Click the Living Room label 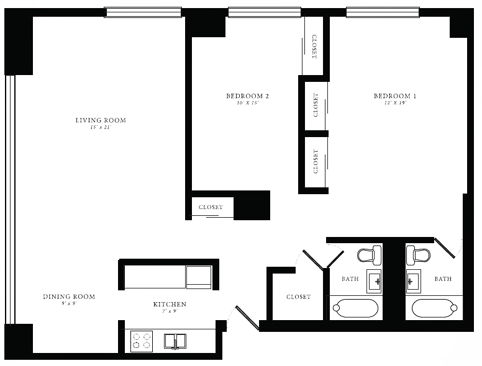point(101,120)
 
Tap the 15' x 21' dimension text point(101,128)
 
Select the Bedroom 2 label point(247,96)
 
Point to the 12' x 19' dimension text point(395,103)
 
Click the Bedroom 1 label point(395,96)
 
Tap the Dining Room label point(69,297)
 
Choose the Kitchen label point(170,304)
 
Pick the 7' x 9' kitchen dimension point(170,311)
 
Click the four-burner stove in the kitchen point(142,341)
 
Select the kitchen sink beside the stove point(175,341)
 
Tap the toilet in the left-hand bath point(369,255)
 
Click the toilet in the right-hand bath point(418,255)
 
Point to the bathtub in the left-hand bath point(355,308)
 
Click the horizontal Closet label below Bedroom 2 point(211,207)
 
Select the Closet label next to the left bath point(298,297)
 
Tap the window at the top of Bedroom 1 point(383,12)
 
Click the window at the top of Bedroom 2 point(265,12)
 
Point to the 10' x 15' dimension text point(247,103)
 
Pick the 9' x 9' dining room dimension point(69,304)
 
